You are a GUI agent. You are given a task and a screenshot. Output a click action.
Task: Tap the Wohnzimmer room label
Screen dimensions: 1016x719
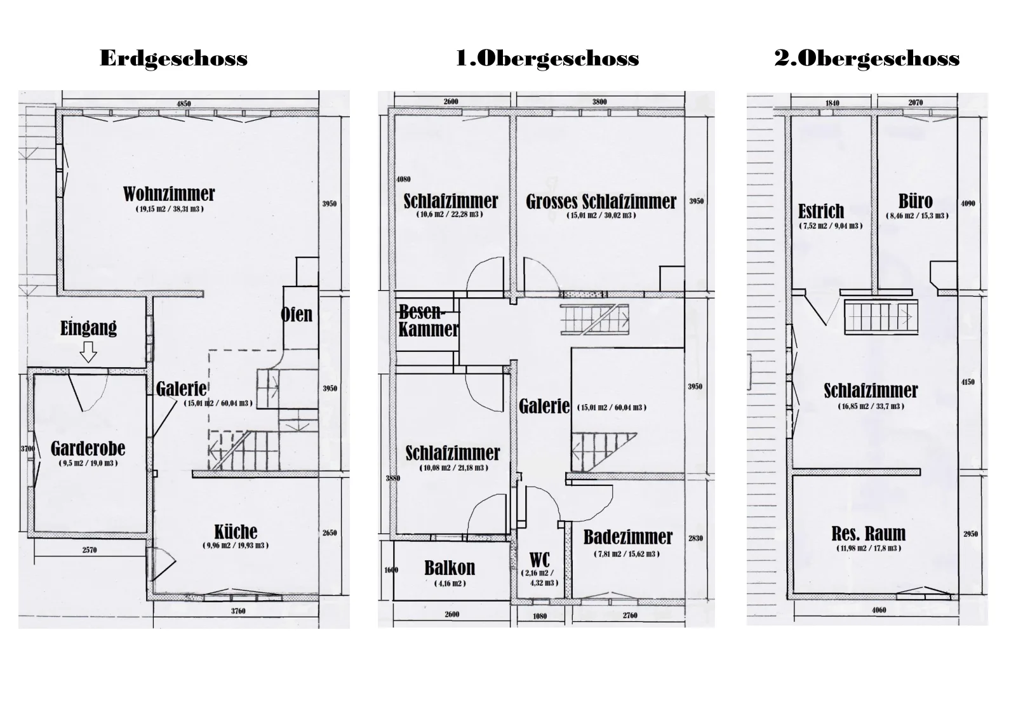tap(169, 194)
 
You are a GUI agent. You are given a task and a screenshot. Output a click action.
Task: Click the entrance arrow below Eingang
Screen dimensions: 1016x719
tap(88, 352)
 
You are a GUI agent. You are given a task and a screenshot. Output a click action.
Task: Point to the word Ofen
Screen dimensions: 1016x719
tap(297, 314)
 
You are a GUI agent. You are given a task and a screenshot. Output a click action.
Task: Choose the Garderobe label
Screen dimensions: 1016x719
tap(88, 448)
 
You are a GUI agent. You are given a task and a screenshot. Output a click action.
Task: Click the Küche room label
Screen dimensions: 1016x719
tap(236, 531)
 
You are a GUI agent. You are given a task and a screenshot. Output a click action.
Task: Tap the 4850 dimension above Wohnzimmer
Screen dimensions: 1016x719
tap(184, 104)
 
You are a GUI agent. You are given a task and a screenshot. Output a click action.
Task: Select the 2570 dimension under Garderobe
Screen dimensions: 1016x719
tap(90, 550)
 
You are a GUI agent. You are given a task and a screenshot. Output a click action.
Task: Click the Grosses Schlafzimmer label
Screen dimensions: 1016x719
tap(601, 202)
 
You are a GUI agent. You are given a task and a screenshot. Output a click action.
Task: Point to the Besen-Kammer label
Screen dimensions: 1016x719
tap(429, 321)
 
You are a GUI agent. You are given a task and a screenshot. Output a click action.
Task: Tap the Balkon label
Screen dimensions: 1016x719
tap(450, 568)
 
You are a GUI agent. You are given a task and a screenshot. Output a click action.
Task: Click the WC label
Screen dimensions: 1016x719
tap(540, 560)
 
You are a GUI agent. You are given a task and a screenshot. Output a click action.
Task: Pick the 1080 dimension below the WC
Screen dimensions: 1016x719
tap(540, 616)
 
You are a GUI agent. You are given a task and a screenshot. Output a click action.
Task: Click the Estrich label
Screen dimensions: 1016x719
tap(822, 211)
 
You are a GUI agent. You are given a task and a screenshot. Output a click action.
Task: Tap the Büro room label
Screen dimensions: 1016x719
tap(916, 201)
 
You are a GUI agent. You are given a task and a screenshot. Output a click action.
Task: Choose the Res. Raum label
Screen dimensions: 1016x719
tap(869, 534)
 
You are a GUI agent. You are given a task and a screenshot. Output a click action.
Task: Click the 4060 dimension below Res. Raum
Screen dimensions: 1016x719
tap(879, 610)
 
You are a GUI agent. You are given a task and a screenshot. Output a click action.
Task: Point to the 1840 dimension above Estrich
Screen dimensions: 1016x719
tap(832, 103)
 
